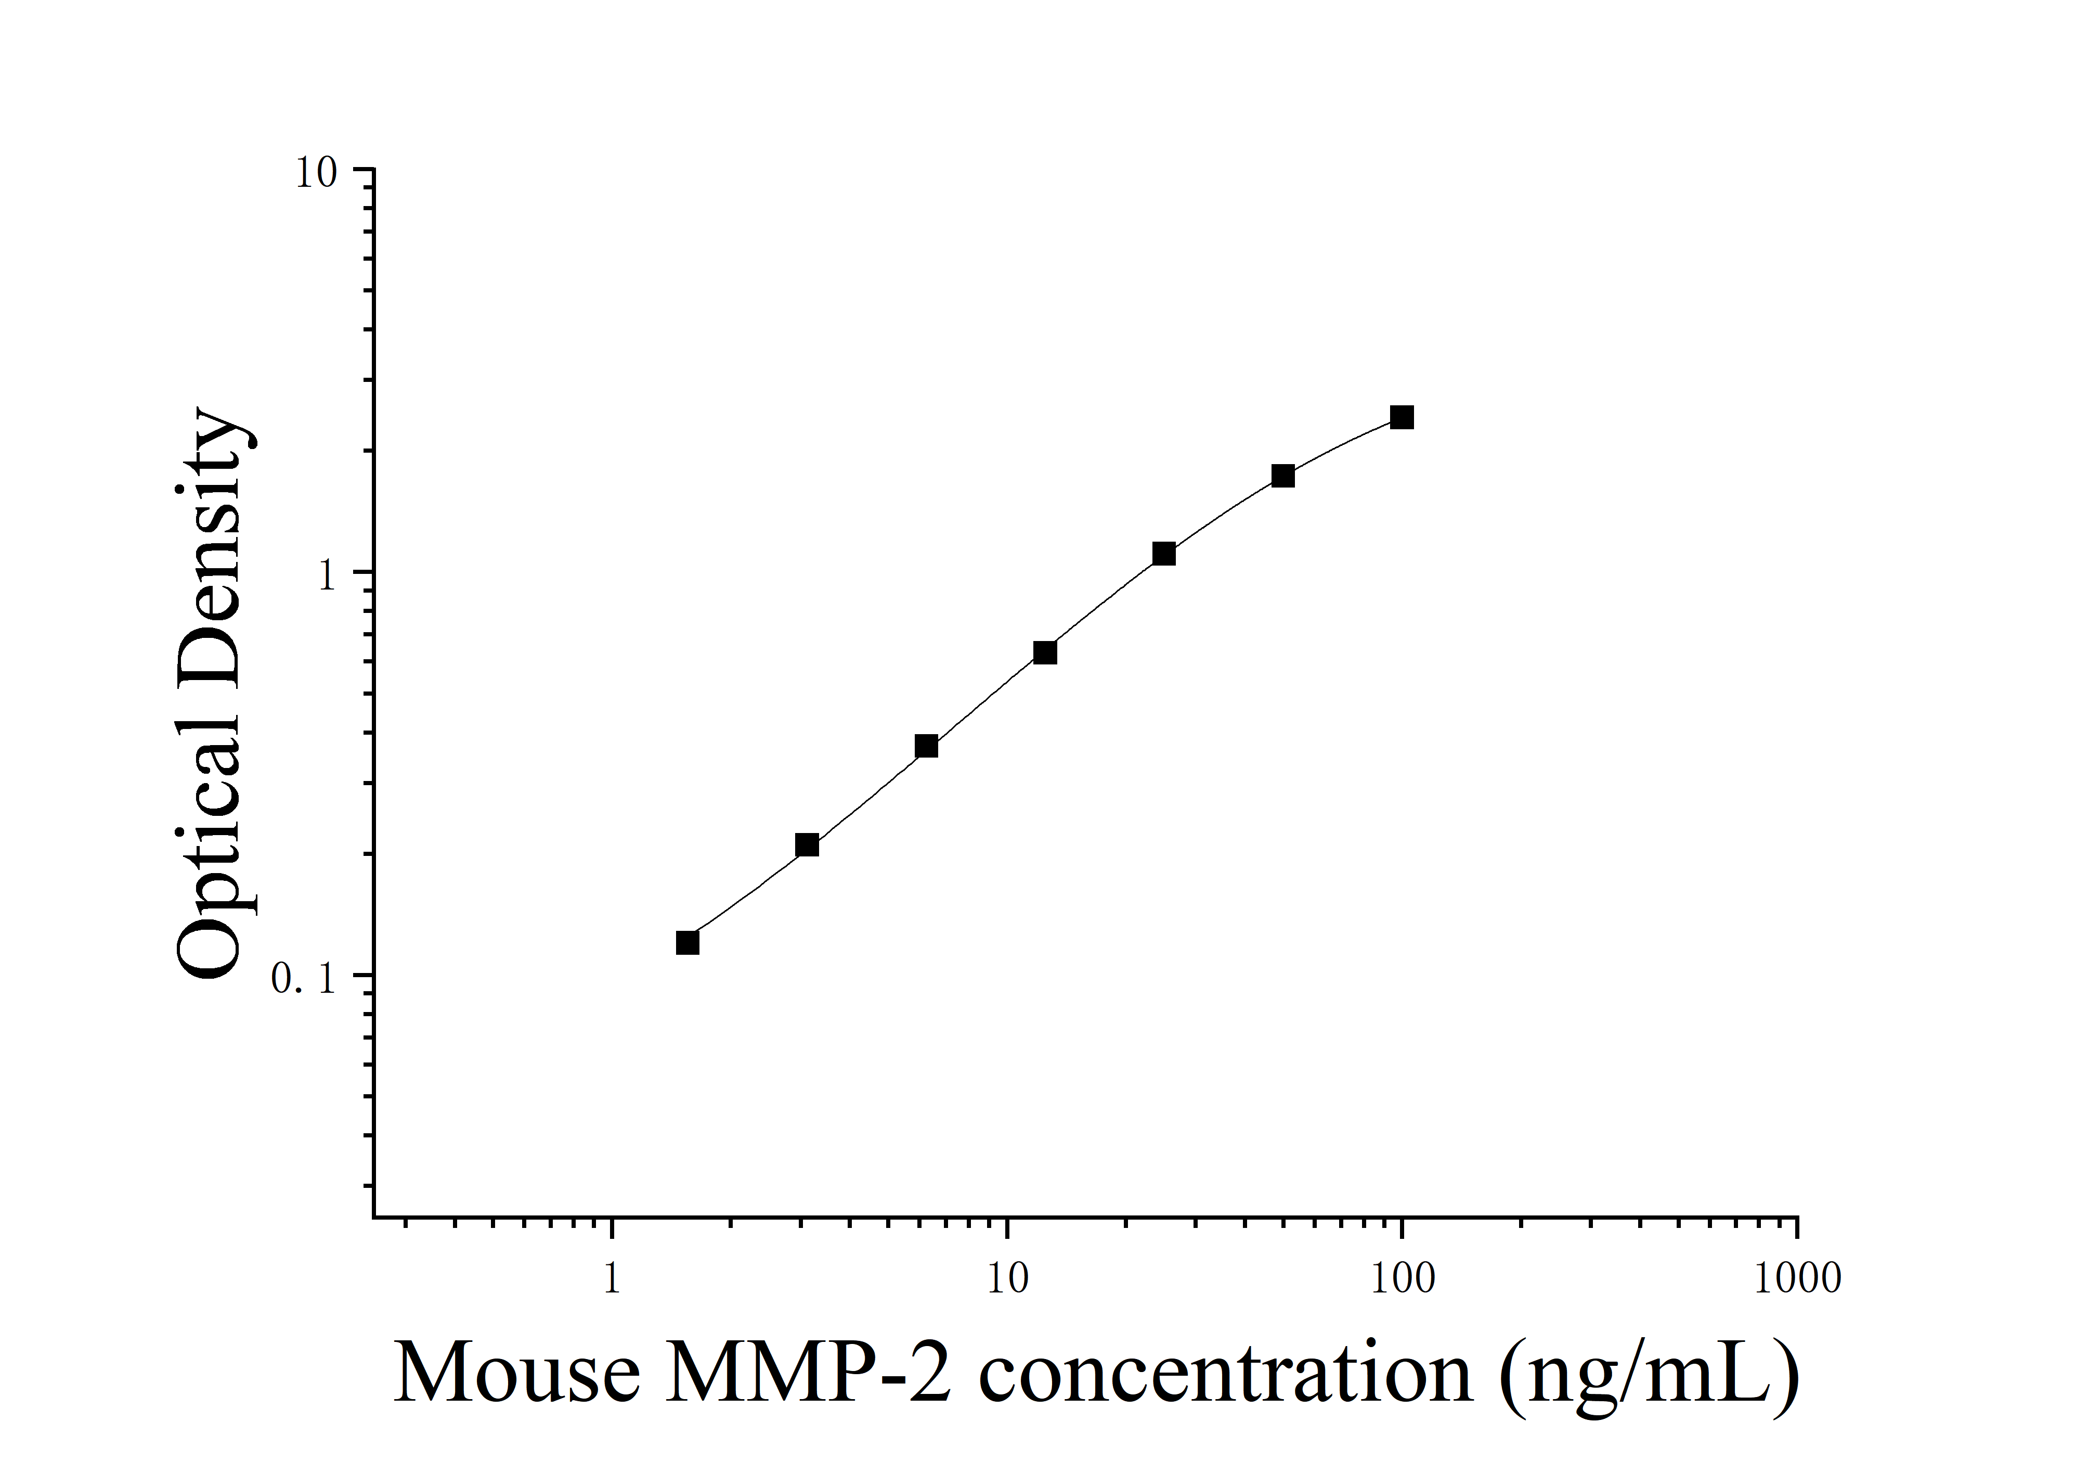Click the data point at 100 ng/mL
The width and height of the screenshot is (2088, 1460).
tap(1402, 417)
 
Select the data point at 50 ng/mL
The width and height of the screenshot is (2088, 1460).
tap(1282, 476)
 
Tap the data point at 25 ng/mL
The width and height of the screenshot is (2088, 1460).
tap(1164, 554)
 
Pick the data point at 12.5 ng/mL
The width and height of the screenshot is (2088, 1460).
tap(1045, 653)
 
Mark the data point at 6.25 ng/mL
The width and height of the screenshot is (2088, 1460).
tap(926, 747)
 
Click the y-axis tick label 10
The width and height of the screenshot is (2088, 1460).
tap(316, 173)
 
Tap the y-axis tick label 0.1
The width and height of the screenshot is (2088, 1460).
tap(304, 979)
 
